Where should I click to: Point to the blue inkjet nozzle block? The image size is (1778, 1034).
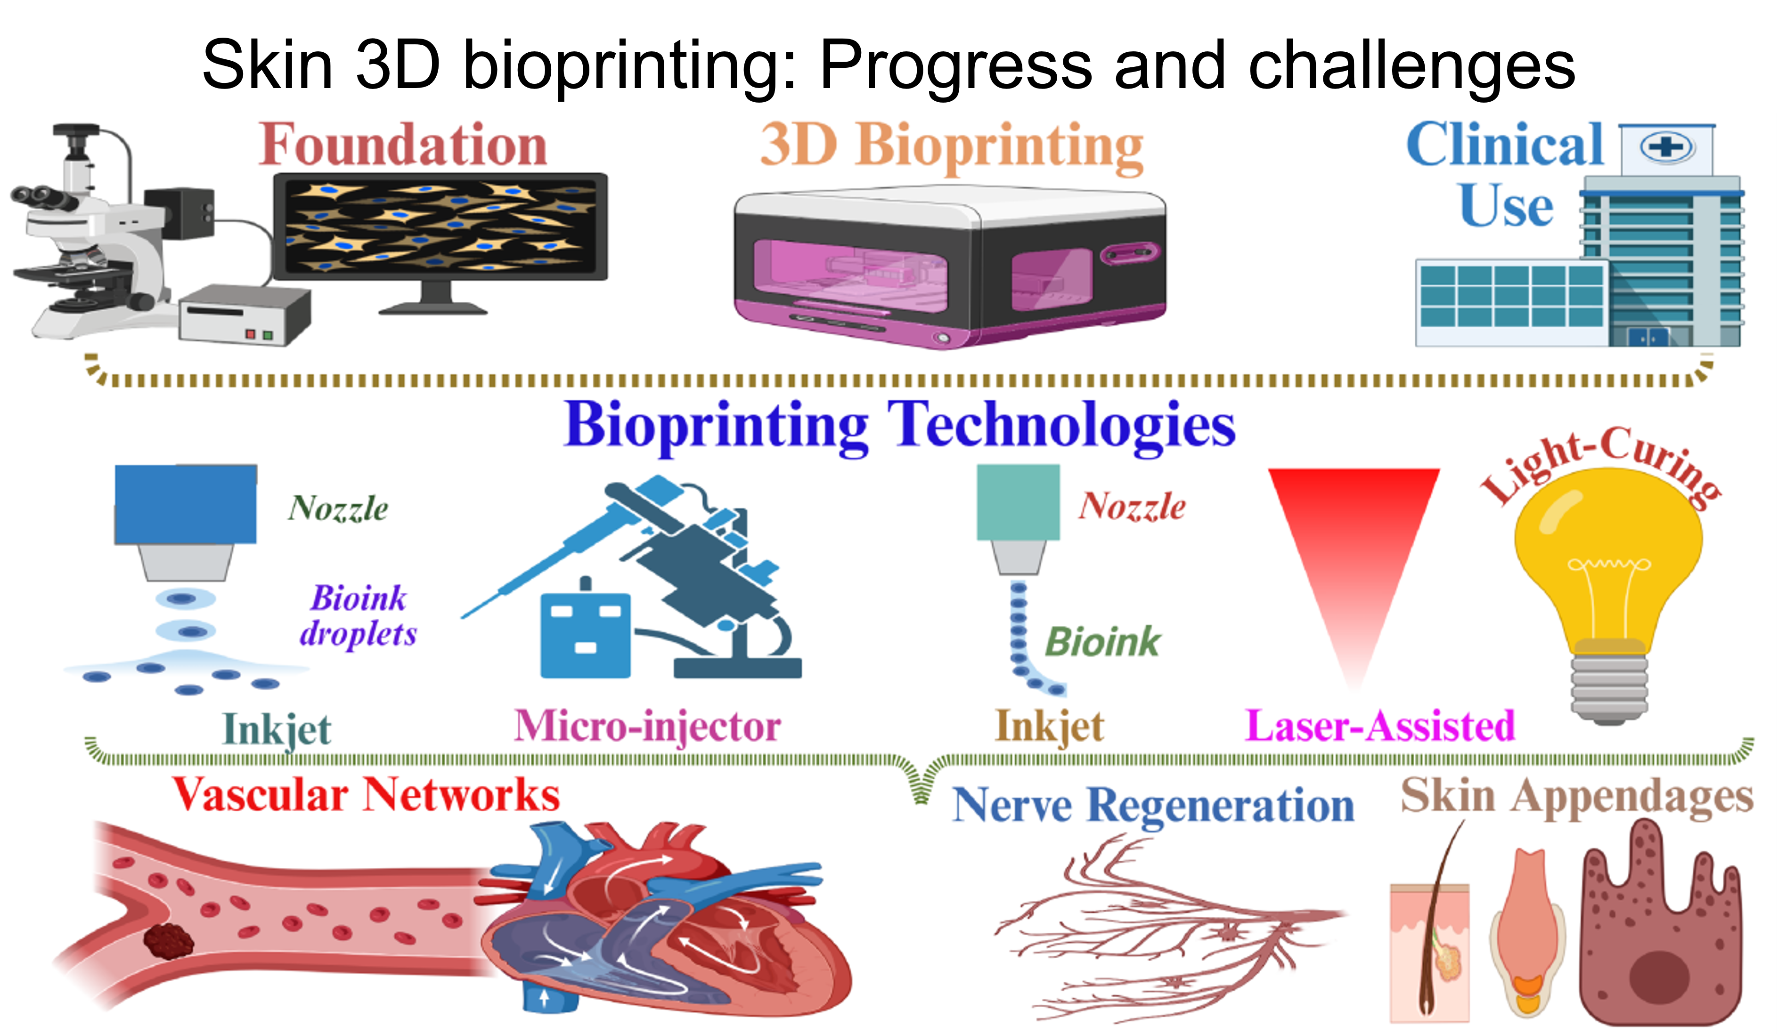click(x=186, y=504)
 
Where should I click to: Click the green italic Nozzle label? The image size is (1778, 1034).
click(x=338, y=508)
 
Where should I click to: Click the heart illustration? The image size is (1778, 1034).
click(x=663, y=917)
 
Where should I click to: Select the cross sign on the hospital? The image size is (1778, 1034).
click(x=1666, y=147)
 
